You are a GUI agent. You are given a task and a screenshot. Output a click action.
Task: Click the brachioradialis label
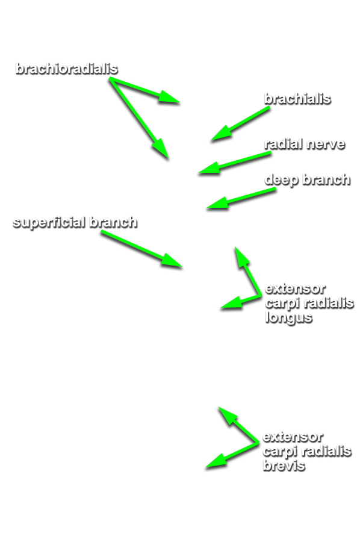coord(67,69)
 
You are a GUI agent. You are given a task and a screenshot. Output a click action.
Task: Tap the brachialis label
coord(297,99)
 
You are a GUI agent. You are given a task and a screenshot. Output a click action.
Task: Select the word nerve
coord(326,144)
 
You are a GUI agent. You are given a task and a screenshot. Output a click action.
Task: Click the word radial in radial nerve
coord(284,144)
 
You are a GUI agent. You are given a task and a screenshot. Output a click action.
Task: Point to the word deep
coord(281,179)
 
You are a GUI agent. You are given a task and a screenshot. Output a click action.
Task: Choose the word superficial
coord(49,222)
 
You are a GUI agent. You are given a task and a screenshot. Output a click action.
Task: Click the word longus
coord(289,317)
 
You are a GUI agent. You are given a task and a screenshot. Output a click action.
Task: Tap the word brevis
coord(284,466)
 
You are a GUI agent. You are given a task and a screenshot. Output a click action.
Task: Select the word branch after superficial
coord(113,222)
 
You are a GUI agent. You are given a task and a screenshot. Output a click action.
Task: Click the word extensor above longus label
coord(295,288)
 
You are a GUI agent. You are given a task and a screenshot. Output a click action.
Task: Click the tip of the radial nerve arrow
coord(199,173)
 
